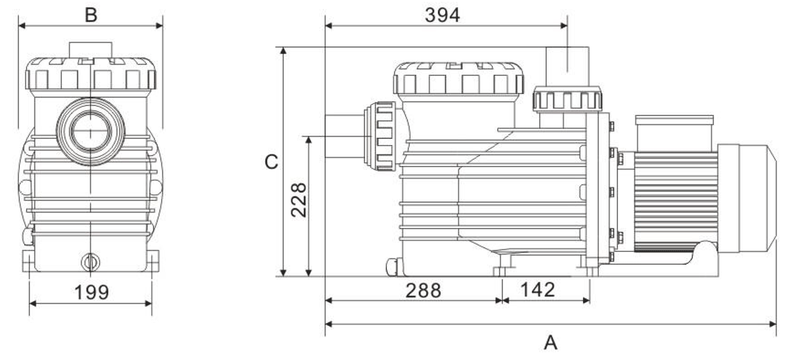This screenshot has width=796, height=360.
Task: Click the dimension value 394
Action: tap(442, 15)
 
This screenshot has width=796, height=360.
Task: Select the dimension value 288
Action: tap(423, 290)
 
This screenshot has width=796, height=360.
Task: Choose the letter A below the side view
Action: tap(550, 343)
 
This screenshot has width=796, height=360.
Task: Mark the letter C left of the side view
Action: tap(271, 163)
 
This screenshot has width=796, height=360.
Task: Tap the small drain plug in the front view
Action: tap(89, 261)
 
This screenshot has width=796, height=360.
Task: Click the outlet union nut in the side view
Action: tap(568, 100)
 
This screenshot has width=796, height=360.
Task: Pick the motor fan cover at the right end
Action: tap(756, 195)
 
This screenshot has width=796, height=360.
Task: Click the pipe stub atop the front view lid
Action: tap(91, 50)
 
